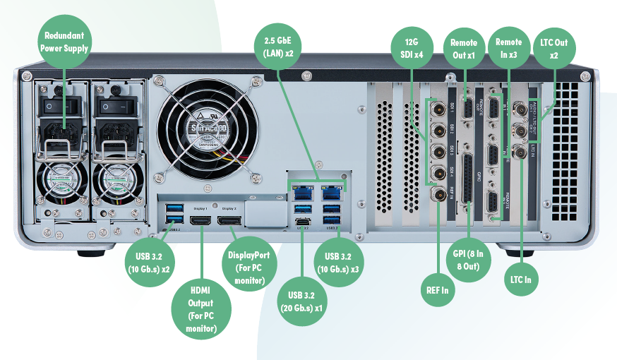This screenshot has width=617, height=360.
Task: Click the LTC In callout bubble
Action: (x=521, y=280)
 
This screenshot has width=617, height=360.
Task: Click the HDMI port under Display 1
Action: (x=201, y=222)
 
